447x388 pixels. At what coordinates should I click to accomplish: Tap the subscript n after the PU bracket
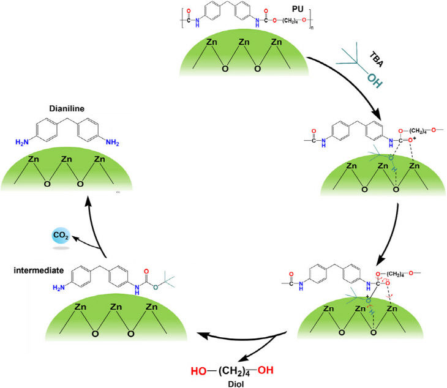click(313, 28)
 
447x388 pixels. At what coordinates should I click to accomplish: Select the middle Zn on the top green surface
click(246, 43)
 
